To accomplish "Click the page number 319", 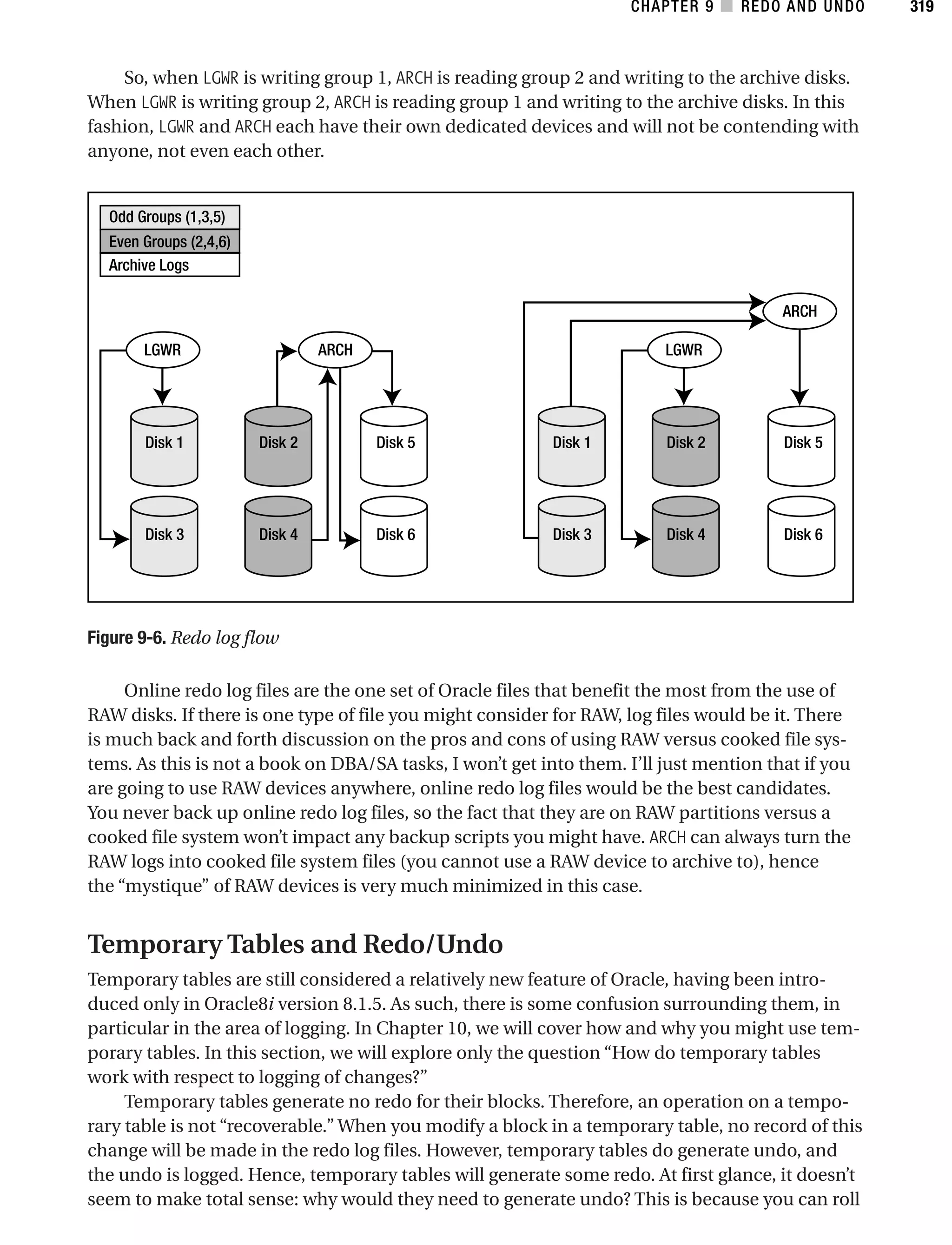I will point(921,7).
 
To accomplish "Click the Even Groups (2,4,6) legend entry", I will point(169,241).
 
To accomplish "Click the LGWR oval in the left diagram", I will point(163,350).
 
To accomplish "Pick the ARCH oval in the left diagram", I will point(335,350).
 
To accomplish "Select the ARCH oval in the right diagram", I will point(799,311).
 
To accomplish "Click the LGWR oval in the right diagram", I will point(683,350).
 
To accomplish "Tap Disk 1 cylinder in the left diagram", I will point(164,446).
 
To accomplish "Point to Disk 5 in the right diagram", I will point(801,446).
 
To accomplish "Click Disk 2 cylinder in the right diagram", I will point(685,446).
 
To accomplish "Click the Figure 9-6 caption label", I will point(126,638).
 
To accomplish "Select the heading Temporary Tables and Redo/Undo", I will point(295,944).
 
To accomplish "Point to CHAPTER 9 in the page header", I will point(672,7).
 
